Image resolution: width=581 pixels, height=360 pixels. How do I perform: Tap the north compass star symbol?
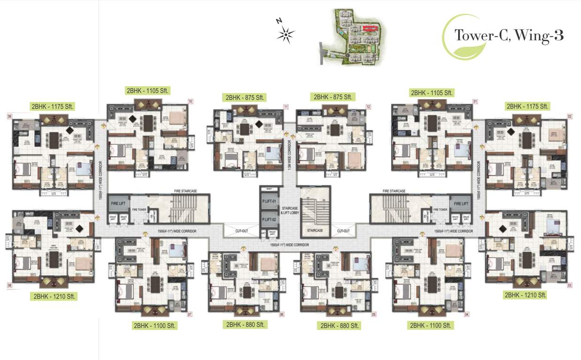286,34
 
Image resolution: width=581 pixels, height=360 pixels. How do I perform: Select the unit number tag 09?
9,116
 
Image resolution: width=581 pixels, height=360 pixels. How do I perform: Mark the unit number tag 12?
368,107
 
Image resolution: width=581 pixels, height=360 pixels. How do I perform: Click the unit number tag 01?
475,101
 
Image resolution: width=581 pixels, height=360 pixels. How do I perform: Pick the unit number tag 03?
570,285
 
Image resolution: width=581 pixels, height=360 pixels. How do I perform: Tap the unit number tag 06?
282,315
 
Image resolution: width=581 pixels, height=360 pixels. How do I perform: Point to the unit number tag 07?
190,315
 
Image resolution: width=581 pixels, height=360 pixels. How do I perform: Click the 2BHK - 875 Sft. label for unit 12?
332,97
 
